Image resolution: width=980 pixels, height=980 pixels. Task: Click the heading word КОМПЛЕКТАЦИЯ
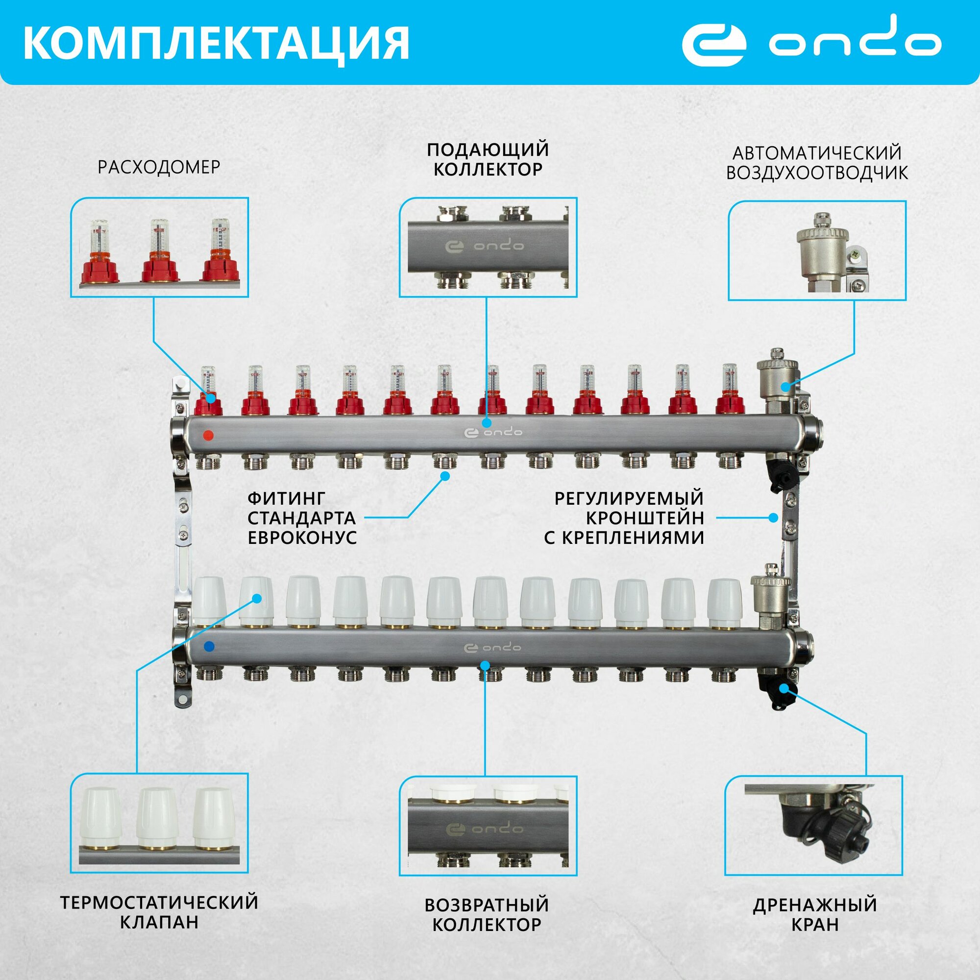click(x=216, y=44)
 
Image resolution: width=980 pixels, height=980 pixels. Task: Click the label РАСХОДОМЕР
click(x=159, y=168)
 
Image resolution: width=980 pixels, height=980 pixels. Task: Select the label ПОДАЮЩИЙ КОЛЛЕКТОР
click(x=488, y=159)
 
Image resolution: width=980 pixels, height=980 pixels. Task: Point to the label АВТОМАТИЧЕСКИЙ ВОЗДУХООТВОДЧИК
click(x=817, y=163)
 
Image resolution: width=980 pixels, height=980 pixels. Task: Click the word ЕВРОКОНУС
click(x=302, y=538)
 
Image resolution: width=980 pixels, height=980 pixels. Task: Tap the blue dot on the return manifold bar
click(x=208, y=646)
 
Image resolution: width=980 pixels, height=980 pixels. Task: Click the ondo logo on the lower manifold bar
click(x=492, y=648)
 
